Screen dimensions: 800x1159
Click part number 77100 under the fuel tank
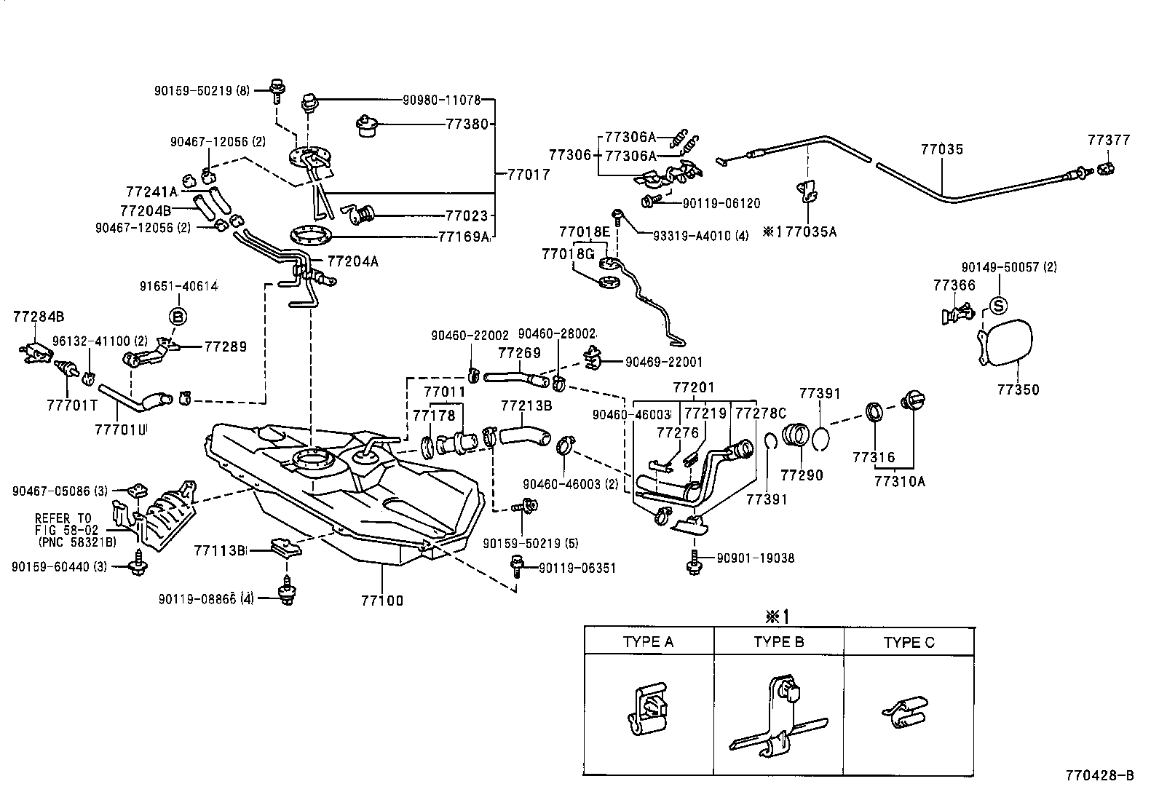click(x=381, y=601)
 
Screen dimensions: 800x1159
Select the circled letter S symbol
click(x=998, y=304)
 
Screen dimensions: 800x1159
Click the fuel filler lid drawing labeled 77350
click(x=1008, y=342)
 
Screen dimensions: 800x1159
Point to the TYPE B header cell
click(x=778, y=642)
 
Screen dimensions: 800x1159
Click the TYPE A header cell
click(x=648, y=642)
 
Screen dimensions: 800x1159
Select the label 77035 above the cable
click(x=941, y=149)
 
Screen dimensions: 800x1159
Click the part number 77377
click(x=1109, y=140)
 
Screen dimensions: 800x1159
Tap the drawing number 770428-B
click(x=1099, y=776)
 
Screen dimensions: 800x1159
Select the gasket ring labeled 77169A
click(x=313, y=235)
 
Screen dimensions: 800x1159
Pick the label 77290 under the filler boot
click(x=802, y=475)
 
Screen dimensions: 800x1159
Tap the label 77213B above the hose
click(x=526, y=405)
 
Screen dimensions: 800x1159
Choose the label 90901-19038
click(x=755, y=558)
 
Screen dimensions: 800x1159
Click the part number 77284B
click(x=39, y=316)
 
